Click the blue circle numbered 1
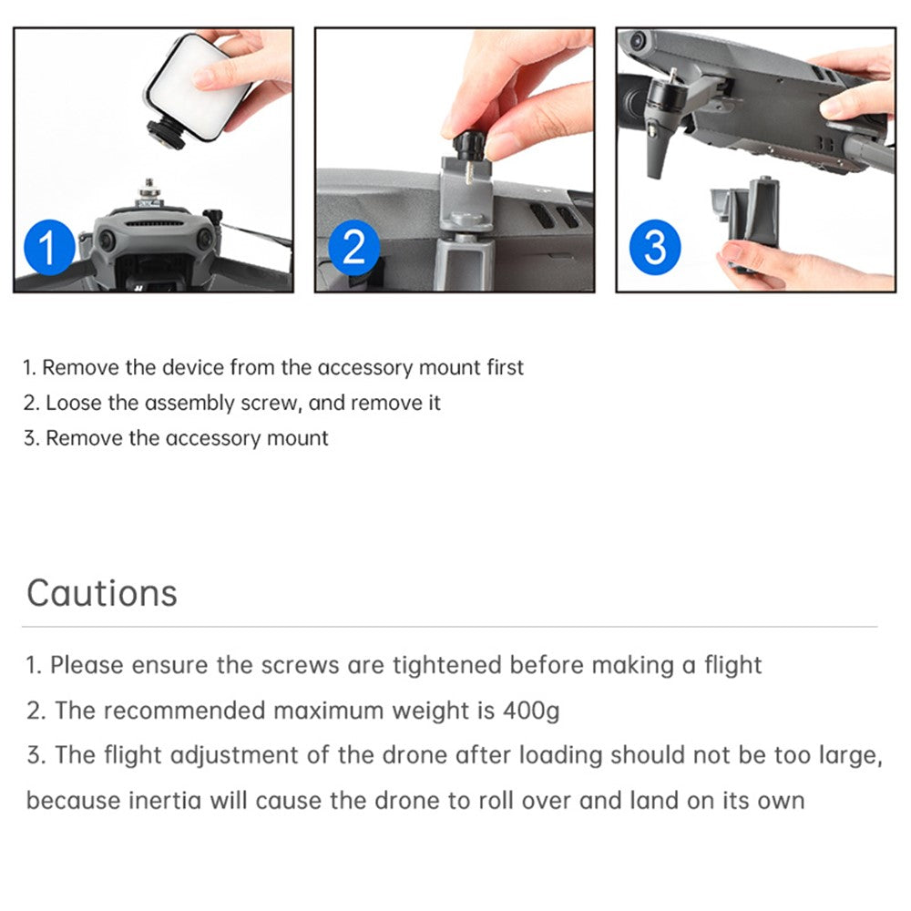[49, 247]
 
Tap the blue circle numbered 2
[353, 247]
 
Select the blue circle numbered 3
[655, 247]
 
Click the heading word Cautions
[102, 593]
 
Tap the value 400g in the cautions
[531, 711]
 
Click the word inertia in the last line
[164, 801]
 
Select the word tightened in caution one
[446, 665]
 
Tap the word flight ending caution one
[732, 665]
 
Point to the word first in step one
[505, 368]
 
